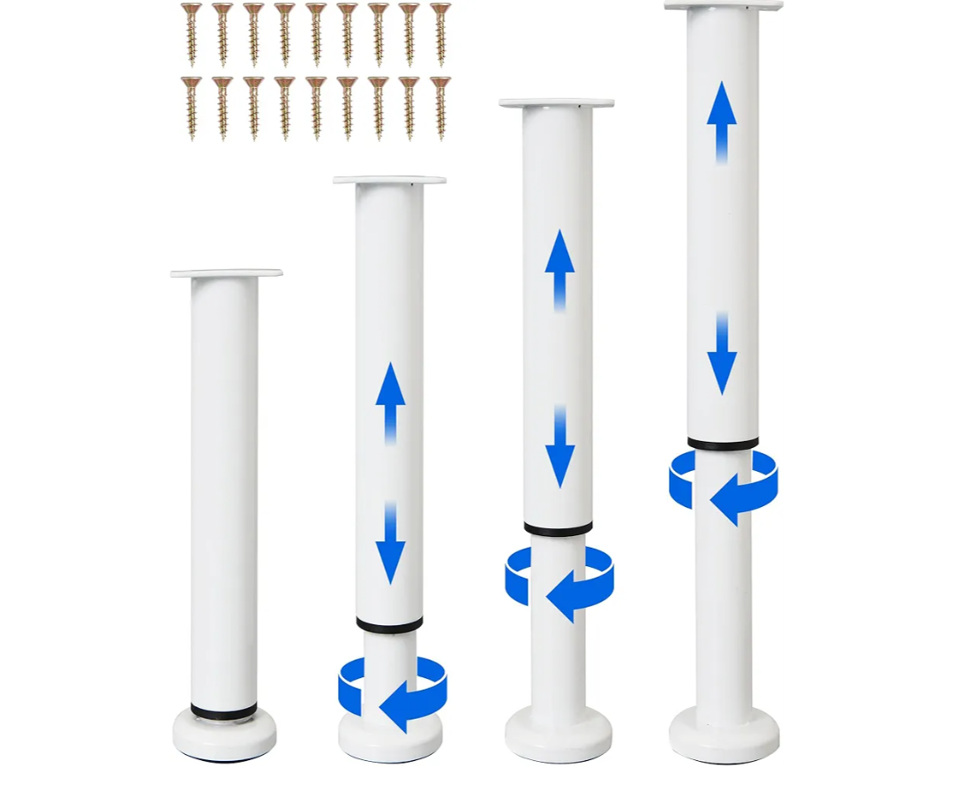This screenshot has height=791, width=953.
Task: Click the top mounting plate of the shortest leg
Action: (226, 273)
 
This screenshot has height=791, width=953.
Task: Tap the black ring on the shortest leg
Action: (224, 711)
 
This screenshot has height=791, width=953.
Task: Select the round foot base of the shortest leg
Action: (224, 735)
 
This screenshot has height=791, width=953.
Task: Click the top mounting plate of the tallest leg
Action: (724, 5)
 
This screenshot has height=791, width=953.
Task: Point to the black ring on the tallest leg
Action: (723, 444)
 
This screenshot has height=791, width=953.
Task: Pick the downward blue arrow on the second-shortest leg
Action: (390, 543)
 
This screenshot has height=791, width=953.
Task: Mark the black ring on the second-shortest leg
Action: (389, 624)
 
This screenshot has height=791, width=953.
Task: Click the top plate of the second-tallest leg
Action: (556, 103)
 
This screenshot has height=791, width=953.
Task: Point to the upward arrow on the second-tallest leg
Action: (559, 270)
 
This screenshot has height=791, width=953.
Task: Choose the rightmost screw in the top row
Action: (440, 33)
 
